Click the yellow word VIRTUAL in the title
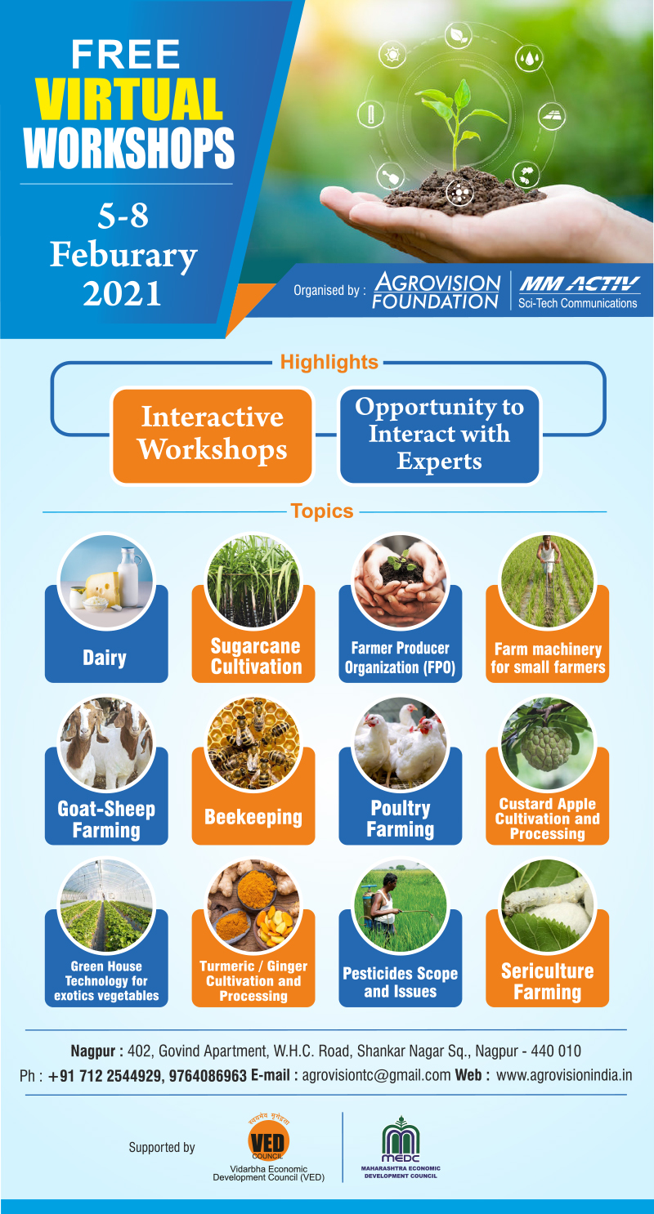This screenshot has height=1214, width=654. tap(129, 99)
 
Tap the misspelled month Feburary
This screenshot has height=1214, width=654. tap(123, 255)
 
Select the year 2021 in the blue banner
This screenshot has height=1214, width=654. tap(122, 294)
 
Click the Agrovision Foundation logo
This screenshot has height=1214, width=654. tap(436, 291)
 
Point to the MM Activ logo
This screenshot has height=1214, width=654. tap(579, 292)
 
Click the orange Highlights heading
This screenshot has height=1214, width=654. tap(329, 361)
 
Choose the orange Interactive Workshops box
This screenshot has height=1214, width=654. tap(213, 435)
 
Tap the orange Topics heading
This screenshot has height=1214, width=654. tap(322, 511)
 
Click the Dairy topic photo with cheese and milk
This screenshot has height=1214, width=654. tap(106, 581)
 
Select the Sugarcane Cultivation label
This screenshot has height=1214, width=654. tap(255, 656)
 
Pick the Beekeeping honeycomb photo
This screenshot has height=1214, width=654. tap(253, 743)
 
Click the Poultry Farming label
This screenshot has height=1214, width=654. tap(401, 819)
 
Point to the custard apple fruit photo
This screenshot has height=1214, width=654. tap(547, 743)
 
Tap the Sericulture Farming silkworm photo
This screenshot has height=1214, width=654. tap(547, 906)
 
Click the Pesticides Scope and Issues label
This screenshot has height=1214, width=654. tap(401, 982)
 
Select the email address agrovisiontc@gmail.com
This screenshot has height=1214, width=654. tap(376, 1075)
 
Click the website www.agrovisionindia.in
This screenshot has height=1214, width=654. tap(564, 1075)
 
